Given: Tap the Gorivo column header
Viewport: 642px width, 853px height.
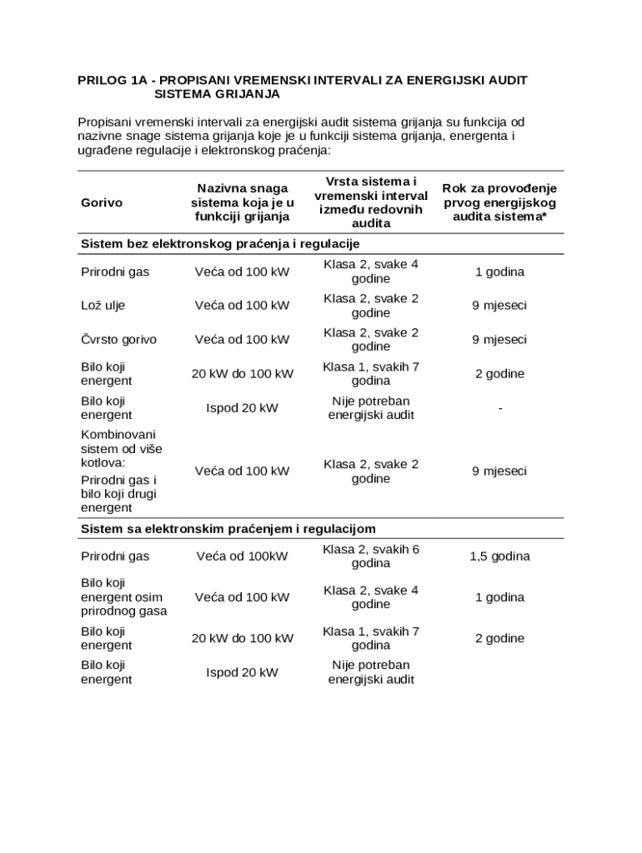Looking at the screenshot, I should [102, 202].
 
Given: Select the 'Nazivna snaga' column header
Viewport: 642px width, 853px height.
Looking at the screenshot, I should [242, 202].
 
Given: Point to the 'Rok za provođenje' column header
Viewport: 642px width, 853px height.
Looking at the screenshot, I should [499, 202].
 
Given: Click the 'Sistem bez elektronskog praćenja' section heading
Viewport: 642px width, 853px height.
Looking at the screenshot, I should [219, 243].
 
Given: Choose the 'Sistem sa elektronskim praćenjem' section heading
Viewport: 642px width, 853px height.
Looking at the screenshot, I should [228, 529].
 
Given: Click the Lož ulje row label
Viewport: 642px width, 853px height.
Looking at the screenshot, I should [103, 306].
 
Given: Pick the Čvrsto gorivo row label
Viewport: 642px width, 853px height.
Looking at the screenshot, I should [118, 340].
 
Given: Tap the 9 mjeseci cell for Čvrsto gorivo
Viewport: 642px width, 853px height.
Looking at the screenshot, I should [499, 340].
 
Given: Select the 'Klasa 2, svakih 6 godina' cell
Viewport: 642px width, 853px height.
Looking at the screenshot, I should [371, 556].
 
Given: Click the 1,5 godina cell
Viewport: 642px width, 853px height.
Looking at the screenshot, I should [499, 556].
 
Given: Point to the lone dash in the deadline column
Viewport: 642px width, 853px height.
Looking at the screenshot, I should [499, 408].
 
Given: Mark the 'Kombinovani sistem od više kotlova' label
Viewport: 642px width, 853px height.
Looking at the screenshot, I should [121, 448].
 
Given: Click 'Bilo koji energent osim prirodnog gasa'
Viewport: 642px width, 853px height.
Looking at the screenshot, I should [123, 597].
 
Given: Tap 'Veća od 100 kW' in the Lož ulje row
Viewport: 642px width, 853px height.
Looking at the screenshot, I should [242, 306].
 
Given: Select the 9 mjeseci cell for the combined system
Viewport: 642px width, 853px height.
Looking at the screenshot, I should [499, 471].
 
